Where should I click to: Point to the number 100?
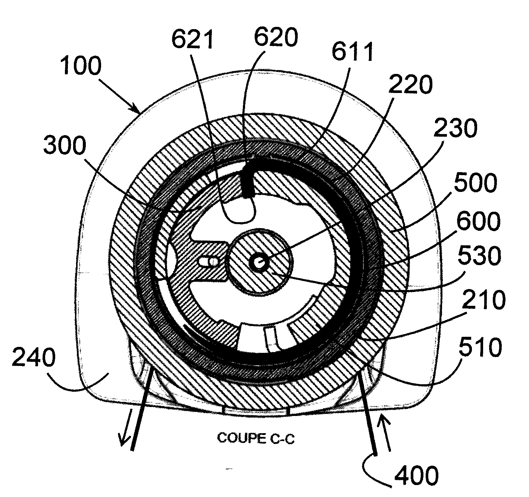(x=81, y=66)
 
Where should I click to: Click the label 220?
(x=410, y=84)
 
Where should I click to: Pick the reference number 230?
(x=455, y=128)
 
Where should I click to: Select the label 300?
(x=65, y=145)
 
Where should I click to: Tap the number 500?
(x=475, y=183)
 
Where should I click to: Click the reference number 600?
(x=478, y=221)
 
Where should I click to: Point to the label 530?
(x=479, y=256)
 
